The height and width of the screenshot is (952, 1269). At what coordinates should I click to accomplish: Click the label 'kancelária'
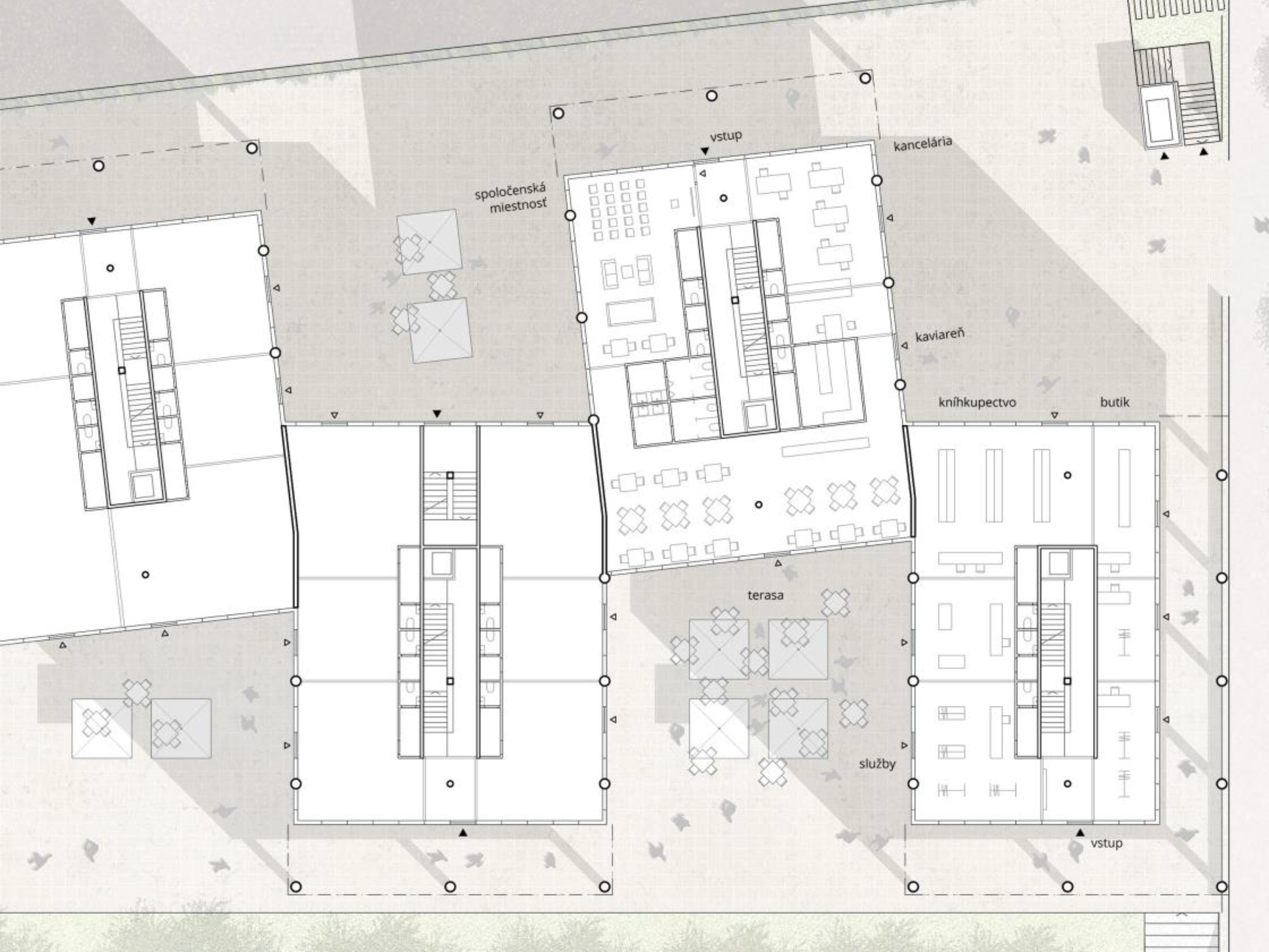tap(923, 143)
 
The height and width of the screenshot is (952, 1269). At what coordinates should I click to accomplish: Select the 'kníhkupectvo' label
tap(977, 402)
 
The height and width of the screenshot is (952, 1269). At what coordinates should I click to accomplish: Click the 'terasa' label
tap(765, 595)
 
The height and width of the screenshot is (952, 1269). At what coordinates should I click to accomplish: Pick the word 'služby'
tap(877, 764)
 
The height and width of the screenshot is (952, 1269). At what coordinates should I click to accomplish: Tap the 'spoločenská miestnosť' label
tap(511, 198)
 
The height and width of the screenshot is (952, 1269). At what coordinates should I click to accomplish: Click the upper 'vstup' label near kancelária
tap(726, 136)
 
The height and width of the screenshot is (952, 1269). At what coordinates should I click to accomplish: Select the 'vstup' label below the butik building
tap(1106, 843)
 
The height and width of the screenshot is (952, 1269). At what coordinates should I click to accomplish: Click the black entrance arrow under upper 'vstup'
tap(705, 151)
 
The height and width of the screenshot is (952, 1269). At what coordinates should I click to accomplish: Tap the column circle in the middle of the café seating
tap(758, 504)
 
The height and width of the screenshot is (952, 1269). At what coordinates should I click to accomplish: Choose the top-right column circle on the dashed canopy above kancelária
tap(865, 78)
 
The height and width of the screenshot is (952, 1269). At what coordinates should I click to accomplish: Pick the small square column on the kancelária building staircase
tap(735, 300)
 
